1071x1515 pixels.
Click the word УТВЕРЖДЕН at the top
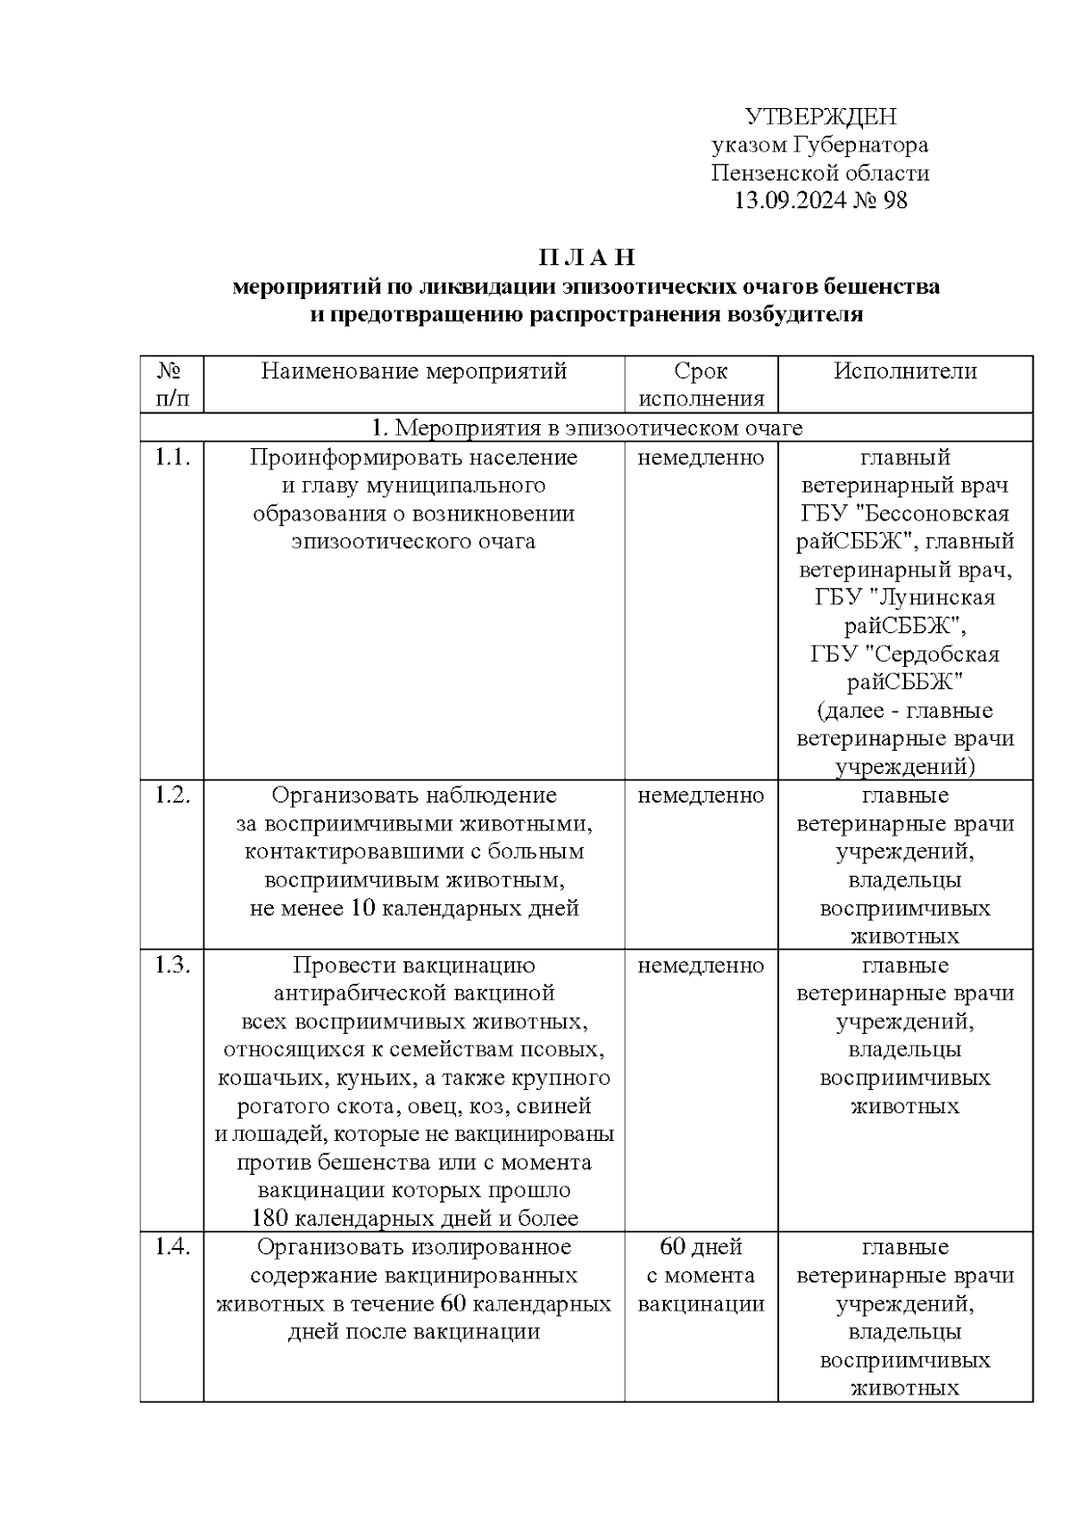pyautogui.click(x=820, y=117)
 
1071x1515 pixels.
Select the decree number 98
pyautogui.click(x=894, y=201)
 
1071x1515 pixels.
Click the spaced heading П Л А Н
pyautogui.click(x=586, y=258)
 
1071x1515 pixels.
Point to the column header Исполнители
pyautogui.click(x=905, y=371)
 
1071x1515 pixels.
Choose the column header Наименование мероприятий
pyautogui.click(x=414, y=371)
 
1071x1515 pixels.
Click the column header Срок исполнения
pyautogui.click(x=702, y=385)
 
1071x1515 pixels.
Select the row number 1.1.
pyautogui.click(x=172, y=458)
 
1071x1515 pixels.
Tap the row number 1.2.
pyautogui.click(x=172, y=795)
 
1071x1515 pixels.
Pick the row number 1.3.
pyautogui.click(x=172, y=965)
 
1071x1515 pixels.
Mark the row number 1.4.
pyautogui.click(x=172, y=1247)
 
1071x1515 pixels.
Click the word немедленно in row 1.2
pyautogui.click(x=702, y=795)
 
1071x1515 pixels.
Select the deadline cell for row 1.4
pyautogui.click(x=702, y=1275)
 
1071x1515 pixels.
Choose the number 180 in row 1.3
pyautogui.click(x=270, y=1219)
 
